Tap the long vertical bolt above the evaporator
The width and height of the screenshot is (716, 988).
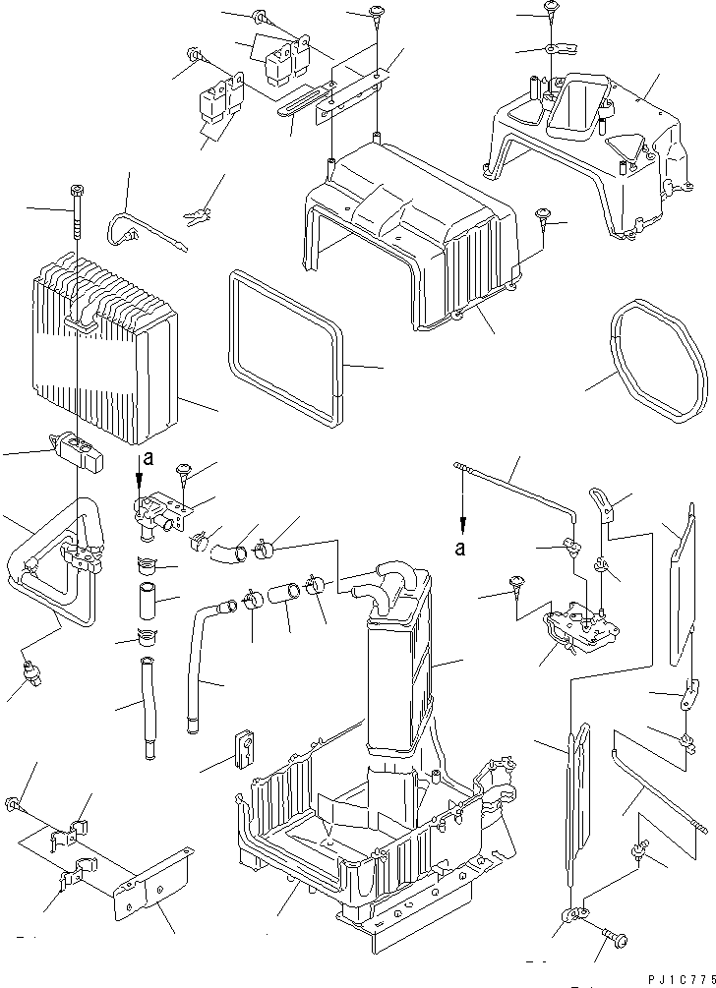click(76, 218)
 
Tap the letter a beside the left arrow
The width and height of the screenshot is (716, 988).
click(148, 457)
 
